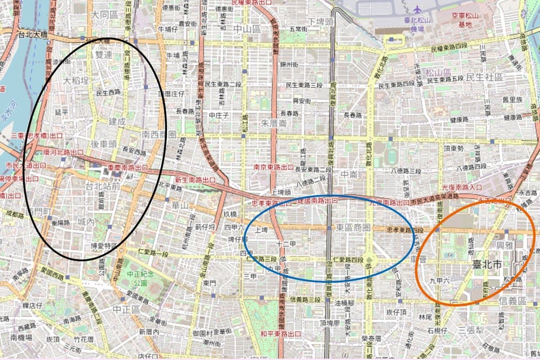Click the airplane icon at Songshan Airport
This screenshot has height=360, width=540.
point(417,9)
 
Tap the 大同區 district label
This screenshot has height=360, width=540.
point(106,15)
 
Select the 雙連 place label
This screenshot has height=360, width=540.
point(103,55)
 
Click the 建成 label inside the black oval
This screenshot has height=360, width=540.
point(117,121)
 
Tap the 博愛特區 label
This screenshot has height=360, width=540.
point(104,246)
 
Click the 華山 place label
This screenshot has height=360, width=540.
point(180,205)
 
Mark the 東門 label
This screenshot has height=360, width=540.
point(209,283)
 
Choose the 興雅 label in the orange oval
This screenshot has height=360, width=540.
point(505,244)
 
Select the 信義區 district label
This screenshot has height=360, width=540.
point(513,301)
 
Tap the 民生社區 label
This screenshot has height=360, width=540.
point(484,77)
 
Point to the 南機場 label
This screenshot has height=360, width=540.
point(20,336)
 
